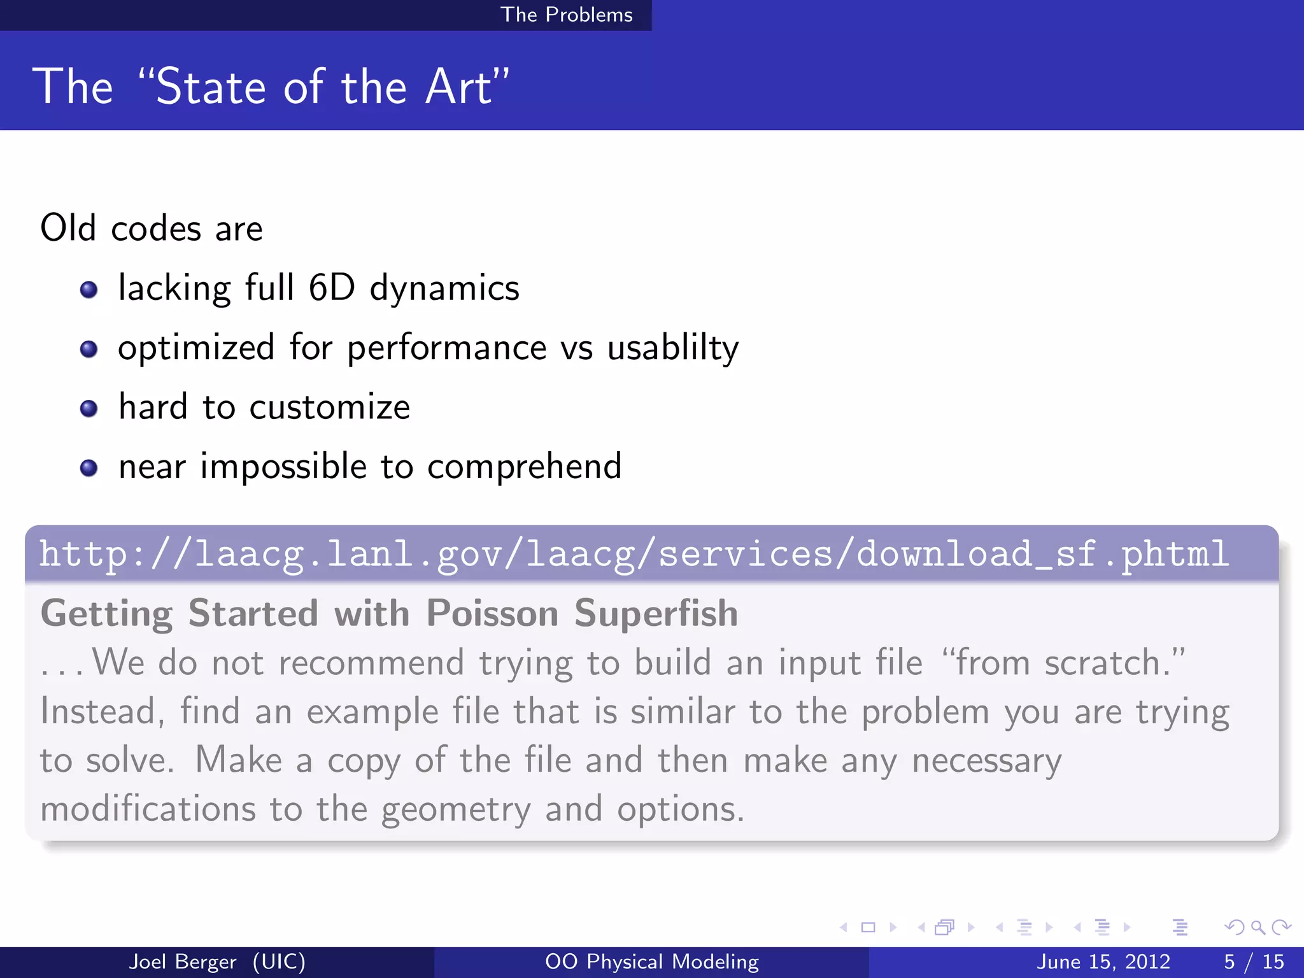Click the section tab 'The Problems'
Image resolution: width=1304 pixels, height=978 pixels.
pos(566,15)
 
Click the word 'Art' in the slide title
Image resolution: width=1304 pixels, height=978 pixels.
pos(458,87)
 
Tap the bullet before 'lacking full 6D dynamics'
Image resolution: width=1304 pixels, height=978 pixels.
pos(89,290)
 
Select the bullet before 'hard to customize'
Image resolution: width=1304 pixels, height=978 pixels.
pos(89,408)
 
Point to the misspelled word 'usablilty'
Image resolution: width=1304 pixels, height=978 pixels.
pos(672,348)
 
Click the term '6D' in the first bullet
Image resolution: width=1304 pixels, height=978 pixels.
pos(331,288)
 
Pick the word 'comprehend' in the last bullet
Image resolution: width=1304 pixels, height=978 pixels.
pos(524,467)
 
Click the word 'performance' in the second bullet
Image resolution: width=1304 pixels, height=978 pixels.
pos(446,348)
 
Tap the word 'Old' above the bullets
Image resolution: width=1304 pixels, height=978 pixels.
pos(68,228)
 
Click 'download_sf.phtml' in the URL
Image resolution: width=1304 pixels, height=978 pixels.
pos(1042,554)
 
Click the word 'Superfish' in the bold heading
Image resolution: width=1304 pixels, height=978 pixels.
pos(656,614)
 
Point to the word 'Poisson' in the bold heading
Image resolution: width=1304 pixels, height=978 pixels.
pos(492,614)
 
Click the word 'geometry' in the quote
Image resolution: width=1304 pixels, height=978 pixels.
pos(455,810)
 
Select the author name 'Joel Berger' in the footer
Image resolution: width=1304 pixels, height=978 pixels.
pos(183,961)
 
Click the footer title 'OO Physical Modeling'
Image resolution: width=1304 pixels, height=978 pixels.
pos(652,961)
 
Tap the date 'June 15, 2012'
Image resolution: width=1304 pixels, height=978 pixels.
pos(1103,961)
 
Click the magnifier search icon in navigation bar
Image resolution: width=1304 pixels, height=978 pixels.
pos(1258,927)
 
